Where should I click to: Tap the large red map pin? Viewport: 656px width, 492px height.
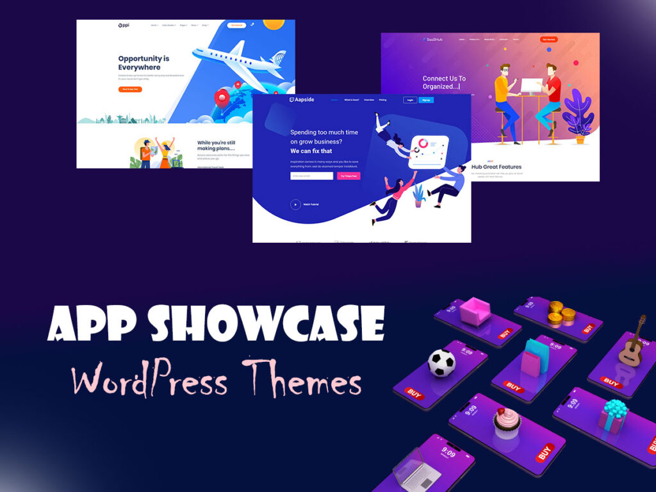[x=222, y=98]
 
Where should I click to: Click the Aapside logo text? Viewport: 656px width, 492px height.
[x=303, y=100]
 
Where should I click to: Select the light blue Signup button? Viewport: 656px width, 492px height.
[x=427, y=100]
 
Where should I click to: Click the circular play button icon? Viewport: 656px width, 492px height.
[x=295, y=204]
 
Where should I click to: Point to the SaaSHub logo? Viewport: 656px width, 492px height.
[x=433, y=39]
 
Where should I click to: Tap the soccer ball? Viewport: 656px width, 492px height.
[x=441, y=363]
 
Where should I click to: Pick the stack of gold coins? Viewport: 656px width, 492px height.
[x=557, y=313]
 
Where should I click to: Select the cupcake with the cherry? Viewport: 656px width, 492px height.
[x=506, y=423]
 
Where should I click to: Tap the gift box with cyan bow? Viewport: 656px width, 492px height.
[x=612, y=416]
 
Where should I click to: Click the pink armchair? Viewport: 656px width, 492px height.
[x=475, y=311]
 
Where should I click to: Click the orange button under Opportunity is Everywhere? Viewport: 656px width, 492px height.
[x=130, y=89]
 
